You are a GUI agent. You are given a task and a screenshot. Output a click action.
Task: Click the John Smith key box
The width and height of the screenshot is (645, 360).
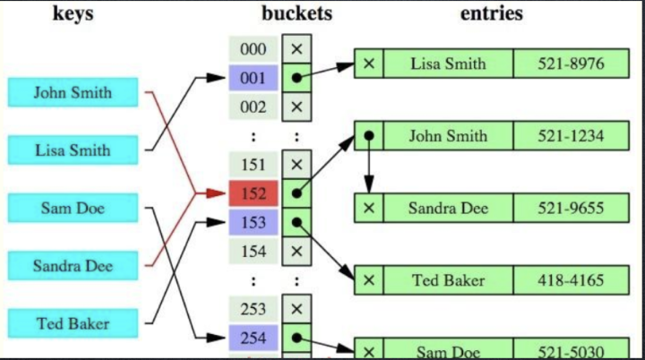click(73, 92)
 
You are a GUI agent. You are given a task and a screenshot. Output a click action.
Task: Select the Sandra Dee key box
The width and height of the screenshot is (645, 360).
click(73, 266)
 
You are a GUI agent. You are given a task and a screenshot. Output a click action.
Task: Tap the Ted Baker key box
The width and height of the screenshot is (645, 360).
click(73, 323)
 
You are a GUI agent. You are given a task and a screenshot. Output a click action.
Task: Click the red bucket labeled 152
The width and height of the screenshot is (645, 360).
click(254, 193)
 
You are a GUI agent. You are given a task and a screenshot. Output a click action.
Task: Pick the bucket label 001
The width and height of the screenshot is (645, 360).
click(254, 78)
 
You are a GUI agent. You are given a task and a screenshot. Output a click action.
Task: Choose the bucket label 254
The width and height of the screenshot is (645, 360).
click(254, 339)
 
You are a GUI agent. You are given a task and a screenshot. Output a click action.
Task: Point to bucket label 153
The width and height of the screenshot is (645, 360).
click(254, 223)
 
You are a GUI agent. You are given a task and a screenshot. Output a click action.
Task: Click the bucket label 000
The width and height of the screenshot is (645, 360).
click(254, 49)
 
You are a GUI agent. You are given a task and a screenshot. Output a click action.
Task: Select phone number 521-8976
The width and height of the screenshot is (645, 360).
click(571, 64)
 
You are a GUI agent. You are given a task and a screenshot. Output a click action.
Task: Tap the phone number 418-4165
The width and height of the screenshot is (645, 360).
click(571, 280)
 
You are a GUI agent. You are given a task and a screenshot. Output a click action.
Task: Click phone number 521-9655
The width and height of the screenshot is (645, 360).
click(571, 208)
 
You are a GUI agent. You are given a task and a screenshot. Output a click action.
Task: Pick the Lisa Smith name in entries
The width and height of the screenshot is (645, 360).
click(449, 64)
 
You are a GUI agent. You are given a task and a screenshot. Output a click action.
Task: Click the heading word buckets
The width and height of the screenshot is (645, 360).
click(297, 13)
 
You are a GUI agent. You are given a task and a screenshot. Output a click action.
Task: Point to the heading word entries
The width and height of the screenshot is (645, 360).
click(492, 13)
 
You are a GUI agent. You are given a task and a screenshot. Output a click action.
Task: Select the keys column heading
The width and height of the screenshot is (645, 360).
click(73, 14)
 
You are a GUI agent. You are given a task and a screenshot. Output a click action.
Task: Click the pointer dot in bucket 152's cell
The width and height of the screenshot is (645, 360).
click(297, 193)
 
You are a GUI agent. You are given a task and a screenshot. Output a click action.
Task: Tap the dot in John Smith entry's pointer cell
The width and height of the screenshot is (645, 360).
click(369, 135)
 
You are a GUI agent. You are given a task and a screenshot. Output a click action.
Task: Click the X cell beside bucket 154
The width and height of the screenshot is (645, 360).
click(297, 252)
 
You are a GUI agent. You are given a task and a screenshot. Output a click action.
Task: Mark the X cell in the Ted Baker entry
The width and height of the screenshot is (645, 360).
click(369, 280)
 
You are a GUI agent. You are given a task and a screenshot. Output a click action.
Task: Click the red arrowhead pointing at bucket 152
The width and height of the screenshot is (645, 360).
click(216, 193)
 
